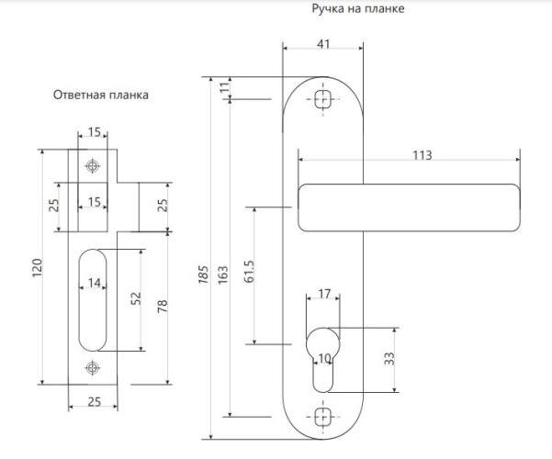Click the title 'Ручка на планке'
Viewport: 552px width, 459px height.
coord(358,8)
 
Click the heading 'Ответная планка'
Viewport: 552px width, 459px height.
coord(101,95)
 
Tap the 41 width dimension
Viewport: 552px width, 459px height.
coord(323,44)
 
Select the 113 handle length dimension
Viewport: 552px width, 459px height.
coord(422,155)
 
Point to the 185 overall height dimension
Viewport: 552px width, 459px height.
coord(204,274)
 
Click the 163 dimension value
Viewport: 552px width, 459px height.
coord(223,274)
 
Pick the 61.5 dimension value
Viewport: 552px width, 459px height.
coord(249,272)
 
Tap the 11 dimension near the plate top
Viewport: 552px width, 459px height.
coord(225,87)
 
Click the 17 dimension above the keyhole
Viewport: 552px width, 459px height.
coord(324,294)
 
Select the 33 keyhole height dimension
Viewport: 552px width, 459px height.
coord(389,359)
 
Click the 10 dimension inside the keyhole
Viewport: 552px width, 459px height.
coord(324,358)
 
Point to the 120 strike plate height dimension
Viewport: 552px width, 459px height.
coord(38,267)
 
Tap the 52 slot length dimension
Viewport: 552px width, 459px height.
coord(136,298)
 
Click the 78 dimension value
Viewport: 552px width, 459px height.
coord(163,307)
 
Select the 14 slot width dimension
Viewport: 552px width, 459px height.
coord(94,283)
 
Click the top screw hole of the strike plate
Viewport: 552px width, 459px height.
coord(93,166)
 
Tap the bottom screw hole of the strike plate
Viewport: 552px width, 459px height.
coord(93,368)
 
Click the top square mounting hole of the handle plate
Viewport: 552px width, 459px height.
coord(323,99)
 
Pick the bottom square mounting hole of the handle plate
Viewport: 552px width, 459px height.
coord(323,417)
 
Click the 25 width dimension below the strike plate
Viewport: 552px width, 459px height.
coord(95,402)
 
